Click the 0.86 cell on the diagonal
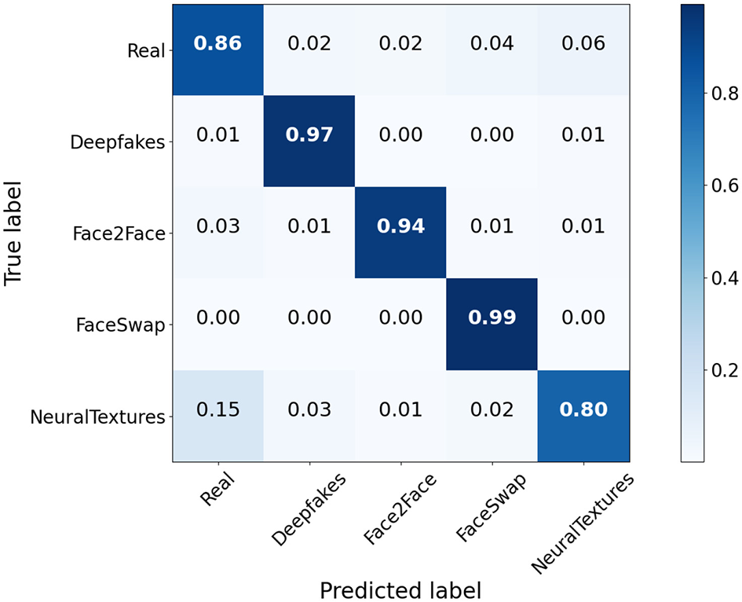[x=217, y=42]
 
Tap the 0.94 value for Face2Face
[x=400, y=226]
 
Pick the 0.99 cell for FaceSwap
[x=492, y=318]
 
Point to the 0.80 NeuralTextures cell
[x=583, y=410]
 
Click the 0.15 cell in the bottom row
[x=217, y=410]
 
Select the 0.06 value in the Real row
[x=583, y=42]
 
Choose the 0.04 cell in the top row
[x=492, y=42]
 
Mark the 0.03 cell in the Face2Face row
[x=217, y=226]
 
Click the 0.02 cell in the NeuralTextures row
[x=492, y=410]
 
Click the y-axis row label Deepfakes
[x=118, y=143]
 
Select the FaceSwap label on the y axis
[x=122, y=325]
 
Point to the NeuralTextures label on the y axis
[x=97, y=417]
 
